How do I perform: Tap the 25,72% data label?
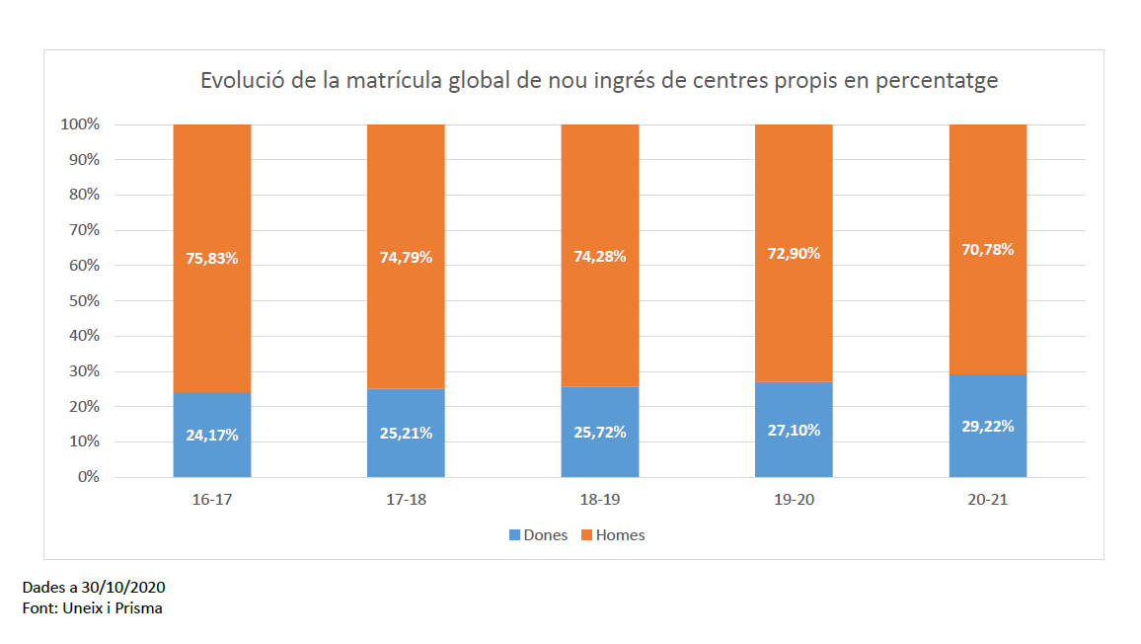click(x=600, y=433)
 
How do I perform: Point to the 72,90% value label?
click(x=794, y=253)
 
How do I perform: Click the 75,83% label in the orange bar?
click(x=212, y=259)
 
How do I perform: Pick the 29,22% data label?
click(x=988, y=426)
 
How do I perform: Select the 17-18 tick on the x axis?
click(x=406, y=500)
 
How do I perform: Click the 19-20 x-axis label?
click(x=794, y=500)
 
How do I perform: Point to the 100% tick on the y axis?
click(x=81, y=124)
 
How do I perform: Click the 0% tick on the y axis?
click(x=89, y=477)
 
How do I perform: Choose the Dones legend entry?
click(x=538, y=535)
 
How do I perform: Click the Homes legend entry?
click(x=613, y=535)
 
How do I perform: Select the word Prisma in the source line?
click(x=139, y=608)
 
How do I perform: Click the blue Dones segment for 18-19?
click(x=600, y=459)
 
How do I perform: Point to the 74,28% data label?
click(x=600, y=257)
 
